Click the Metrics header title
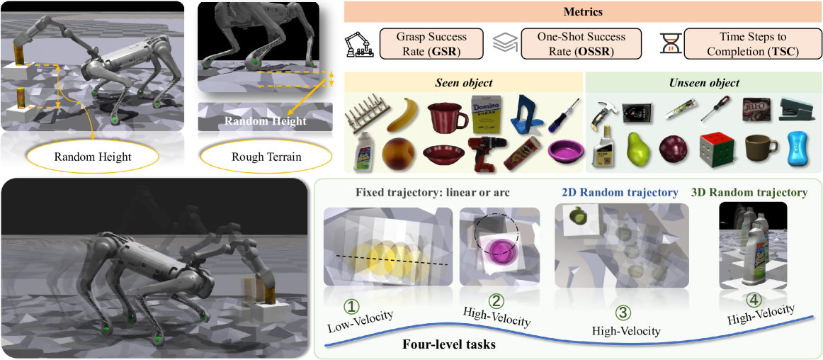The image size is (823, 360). click(x=582, y=12)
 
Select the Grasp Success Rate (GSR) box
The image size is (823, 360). click(x=432, y=43)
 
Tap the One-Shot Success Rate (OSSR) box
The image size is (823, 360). click(x=580, y=43)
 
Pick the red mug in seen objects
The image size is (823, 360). click(x=448, y=116)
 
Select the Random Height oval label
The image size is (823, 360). click(x=93, y=157)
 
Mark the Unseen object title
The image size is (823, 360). click(x=704, y=83)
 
